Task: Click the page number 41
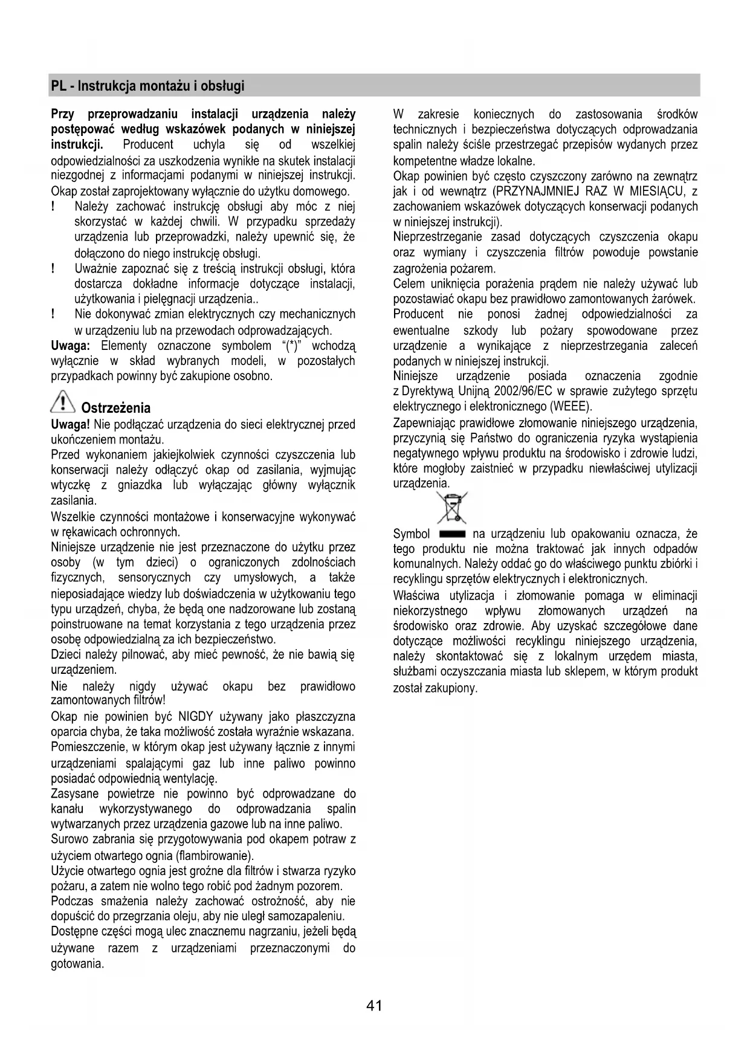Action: pyautogui.click(x=374, y=1006)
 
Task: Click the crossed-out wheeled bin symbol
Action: pyautogui.click(x=452, y=507)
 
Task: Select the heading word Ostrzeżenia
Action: pyautogui.click(x=116, y=408)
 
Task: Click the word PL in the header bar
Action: pyautogui.click(x=58, y=86)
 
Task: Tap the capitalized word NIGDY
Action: pyautogui.click(x=196, y=717)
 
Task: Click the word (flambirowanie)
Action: pyautogui.click(x=215, y=856)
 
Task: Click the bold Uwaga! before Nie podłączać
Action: pyautogui.click(x=71, y=424)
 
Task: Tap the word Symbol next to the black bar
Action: pyautogui.click(x=412, y=534)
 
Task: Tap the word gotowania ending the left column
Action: pyautogui.click(x=77, y=963)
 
